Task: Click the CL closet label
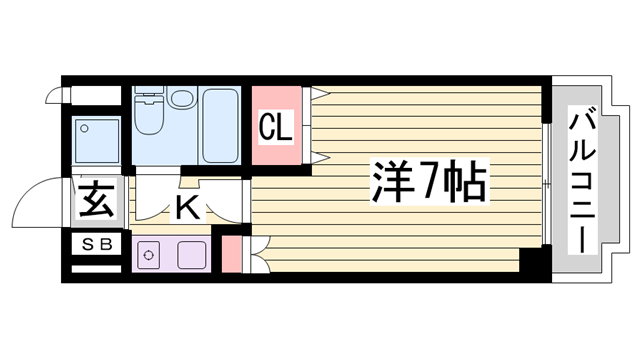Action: (275, 128)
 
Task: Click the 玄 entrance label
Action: (96, 201)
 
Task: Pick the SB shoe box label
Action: (97, 243)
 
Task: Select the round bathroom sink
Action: (182, 99)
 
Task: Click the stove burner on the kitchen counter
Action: (149, 254)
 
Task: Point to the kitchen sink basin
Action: (187, 254)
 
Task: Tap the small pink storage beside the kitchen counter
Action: (231, 253)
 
